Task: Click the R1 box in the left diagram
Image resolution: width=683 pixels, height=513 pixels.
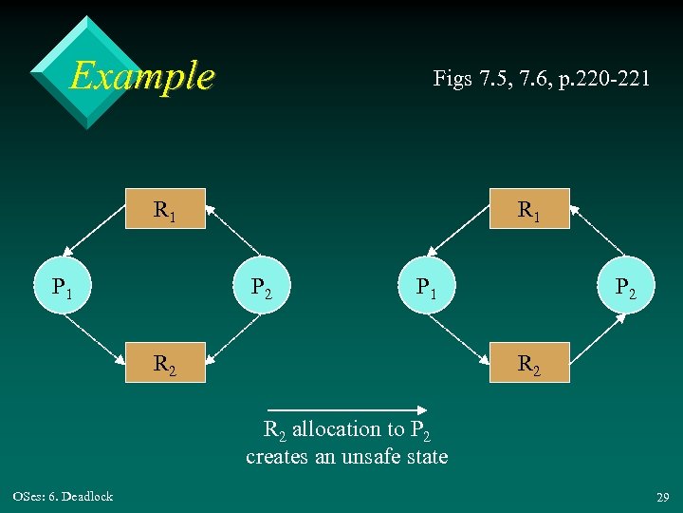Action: (166, 209)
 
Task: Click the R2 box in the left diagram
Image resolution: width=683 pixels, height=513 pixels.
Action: (166, 362)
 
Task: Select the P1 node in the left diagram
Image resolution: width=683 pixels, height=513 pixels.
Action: (62, 285)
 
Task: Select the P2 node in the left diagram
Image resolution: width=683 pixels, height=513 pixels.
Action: (261, 285)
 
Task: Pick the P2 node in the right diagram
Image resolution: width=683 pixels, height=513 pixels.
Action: (625, 285)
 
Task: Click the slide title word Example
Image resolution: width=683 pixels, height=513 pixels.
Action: (142, 75)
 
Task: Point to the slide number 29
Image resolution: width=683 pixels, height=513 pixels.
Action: (661, 497)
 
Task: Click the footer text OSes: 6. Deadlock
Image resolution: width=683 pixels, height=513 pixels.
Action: (63, 496)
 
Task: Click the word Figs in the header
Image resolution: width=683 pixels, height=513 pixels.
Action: (452, 78)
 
